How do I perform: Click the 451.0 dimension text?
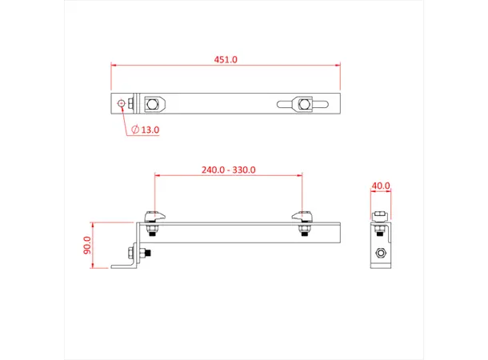[226, 59]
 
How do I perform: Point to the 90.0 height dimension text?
[87, 245]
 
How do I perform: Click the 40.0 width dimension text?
[382, 186]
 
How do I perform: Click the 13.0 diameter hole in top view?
[122, 103]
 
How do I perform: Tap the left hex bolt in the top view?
[152, 103]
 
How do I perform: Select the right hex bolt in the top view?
[302, 103]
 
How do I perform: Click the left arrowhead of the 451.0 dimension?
[114, 66]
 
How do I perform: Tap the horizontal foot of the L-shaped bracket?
[124, 266]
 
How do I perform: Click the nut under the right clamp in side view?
[302, 232]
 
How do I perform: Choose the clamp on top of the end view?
[382, 215]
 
